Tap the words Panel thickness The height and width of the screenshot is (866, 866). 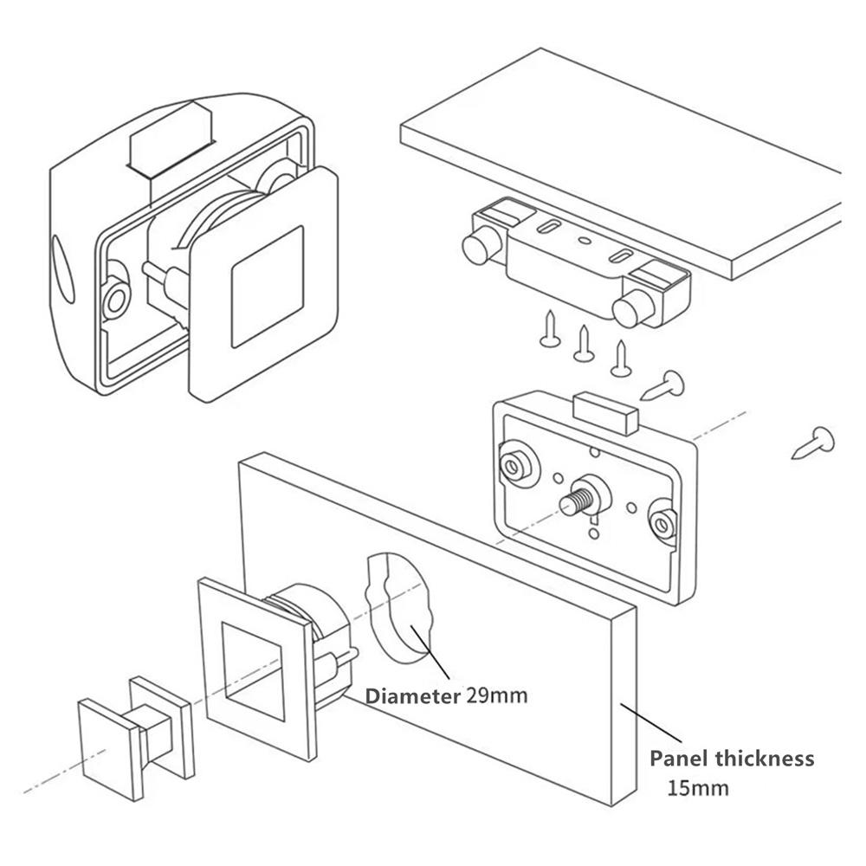(732, 759)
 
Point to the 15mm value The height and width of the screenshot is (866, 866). (698, 788)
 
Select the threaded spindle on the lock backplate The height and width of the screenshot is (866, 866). (575, 501)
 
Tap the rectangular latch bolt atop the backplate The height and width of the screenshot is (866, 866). (605, 412)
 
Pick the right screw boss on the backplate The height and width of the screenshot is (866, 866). (664, 520)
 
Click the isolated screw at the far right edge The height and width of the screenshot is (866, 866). (815, 443)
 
